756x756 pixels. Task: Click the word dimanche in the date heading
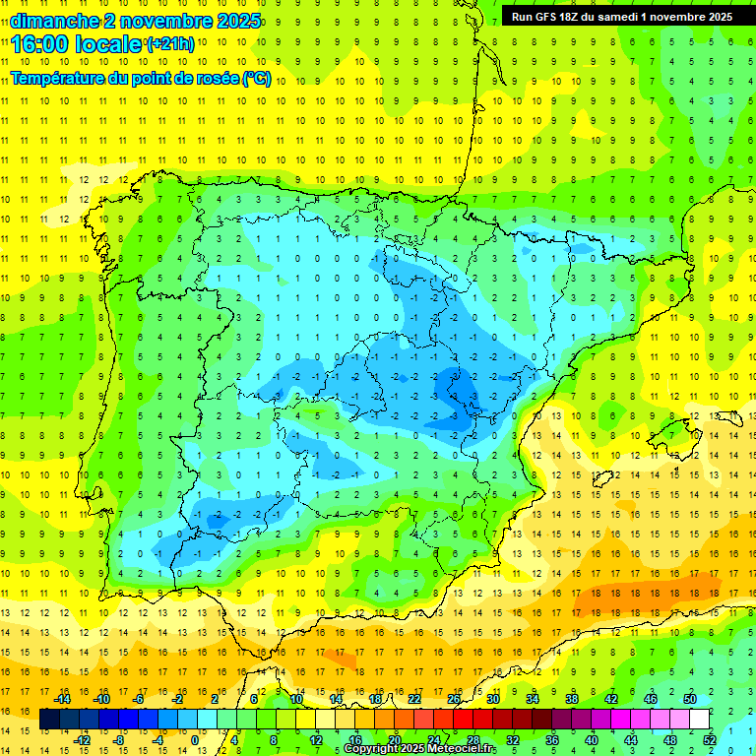coord(55,21)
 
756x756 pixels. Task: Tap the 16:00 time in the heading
coord(43,44)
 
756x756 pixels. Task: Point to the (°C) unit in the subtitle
coord(256,78)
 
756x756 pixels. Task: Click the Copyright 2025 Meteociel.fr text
coord(419,749)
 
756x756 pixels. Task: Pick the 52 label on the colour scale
coord(710,740)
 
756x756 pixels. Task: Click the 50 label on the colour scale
coord(690,699)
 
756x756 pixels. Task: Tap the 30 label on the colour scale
coord(493,699)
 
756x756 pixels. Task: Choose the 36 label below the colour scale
coord(552,740)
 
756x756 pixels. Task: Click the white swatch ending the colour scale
coord(700,720)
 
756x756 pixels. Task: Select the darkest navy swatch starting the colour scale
coord(50,720)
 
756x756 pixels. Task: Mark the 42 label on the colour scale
coord(611,699)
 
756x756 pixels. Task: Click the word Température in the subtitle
coord(59,78)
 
